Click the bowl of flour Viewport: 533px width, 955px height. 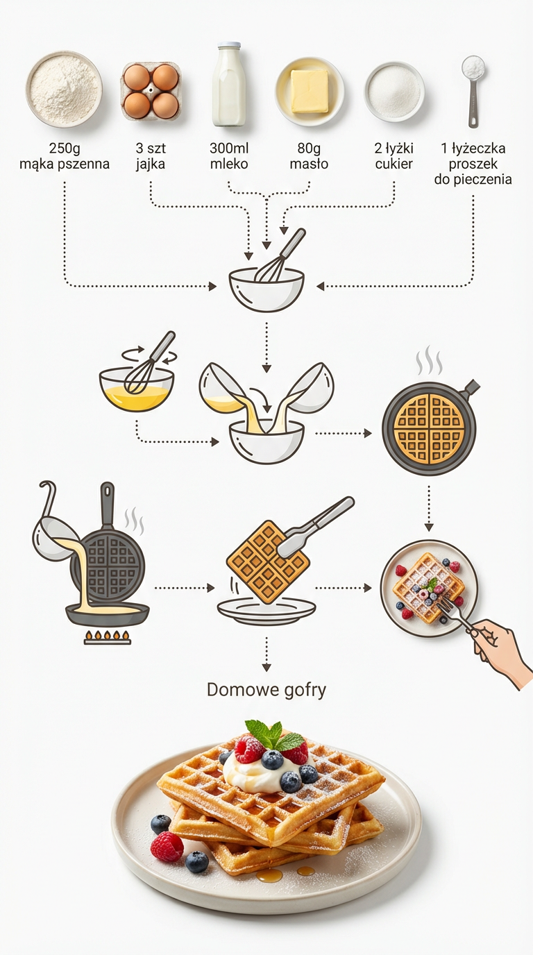pyautogui.click(x=64, y=89)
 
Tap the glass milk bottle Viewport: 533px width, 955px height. pyautogui.click(x=229, y=84)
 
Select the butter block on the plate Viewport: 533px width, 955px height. pyautogui.click(x=310, y=91)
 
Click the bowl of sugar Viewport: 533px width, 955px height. pyautogui.click(x=394, y=92)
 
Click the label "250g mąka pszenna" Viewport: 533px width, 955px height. pyautogui.click(x=65, y=156)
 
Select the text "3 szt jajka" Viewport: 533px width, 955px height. pyautogui.click(x=151, y=156)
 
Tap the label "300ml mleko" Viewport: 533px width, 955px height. pyautogui.click(x=229, y=156)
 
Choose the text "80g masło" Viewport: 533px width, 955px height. pyautogui.click(x=309, y=156)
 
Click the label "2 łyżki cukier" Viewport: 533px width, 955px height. pyautogui.click(x=394, y=156)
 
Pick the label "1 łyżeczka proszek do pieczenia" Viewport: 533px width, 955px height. pyautogui.click(x=473, y=164)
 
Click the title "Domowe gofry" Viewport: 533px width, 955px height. pyautogui.click(x=266, y=690)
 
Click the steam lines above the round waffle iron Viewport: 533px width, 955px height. pyautogui.click(x=429, y=361)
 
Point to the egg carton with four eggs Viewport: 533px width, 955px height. pyautogui.click(x=151, y=91)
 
